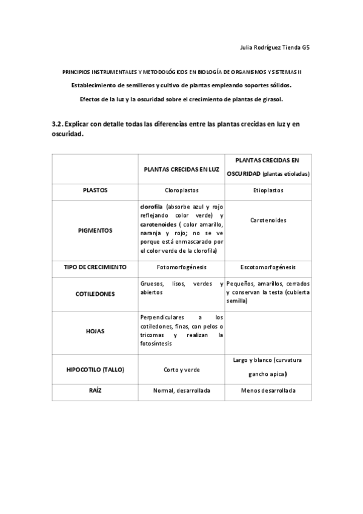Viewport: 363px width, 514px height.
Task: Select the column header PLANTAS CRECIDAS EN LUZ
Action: click(181, 170)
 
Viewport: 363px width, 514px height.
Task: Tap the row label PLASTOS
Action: click(95, 190)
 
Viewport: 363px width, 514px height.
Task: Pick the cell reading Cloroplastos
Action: click(181, 190)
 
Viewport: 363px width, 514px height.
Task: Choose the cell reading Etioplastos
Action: click(268, 190)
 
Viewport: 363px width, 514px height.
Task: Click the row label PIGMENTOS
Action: click(95, 230)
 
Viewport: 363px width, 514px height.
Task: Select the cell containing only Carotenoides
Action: click(268, 221)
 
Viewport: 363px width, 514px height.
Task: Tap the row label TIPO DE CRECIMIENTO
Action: click(95, 267)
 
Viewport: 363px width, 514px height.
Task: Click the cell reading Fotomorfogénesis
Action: click(181, 267)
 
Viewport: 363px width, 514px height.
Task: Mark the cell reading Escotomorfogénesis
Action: click(268, 267)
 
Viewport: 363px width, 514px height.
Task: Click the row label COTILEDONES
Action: click(95, 294)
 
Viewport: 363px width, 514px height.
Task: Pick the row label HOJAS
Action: click(95, 332)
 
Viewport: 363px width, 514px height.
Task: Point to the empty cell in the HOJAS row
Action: click(268, 332)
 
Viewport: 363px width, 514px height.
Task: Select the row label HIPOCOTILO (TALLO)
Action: click(95, 369)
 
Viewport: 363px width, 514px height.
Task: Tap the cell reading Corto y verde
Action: click(181, 369)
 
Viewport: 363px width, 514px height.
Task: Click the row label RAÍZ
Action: click(95, 391)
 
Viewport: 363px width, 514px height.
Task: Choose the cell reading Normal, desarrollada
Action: click(181, 391)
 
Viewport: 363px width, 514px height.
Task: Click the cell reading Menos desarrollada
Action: click(268, 391)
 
